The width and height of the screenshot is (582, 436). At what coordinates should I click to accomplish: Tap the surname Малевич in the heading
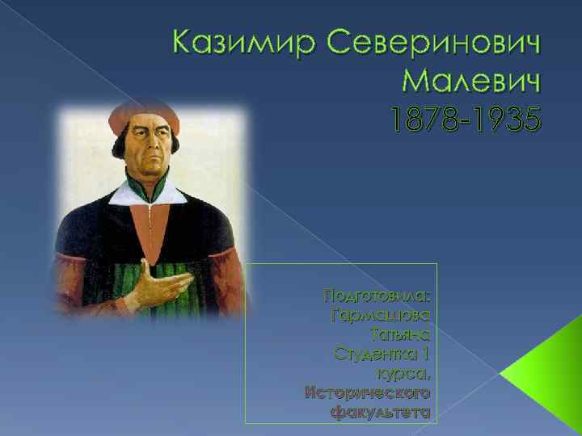[x=469, y=82]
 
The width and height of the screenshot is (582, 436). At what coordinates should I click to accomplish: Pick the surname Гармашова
[x=381, y=312]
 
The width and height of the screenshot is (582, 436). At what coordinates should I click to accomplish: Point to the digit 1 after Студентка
[x=425, y=353]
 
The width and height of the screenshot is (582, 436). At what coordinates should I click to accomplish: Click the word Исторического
[x=367, y=393]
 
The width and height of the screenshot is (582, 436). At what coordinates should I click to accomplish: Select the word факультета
[x=380, y=413]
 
